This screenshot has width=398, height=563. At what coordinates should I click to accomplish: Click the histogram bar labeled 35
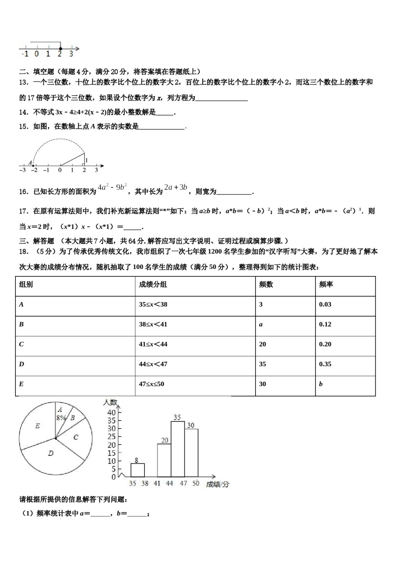178,449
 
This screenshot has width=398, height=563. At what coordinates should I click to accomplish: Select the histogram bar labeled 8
137,470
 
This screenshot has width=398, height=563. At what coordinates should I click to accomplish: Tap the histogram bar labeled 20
164,460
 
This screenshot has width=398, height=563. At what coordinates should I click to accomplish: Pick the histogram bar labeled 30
191,453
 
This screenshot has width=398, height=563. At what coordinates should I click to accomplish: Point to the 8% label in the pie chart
61,418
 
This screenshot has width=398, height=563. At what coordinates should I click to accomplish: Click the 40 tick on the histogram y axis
111,412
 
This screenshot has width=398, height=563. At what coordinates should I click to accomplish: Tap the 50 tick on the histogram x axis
196,483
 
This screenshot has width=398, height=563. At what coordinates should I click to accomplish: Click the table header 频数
266,284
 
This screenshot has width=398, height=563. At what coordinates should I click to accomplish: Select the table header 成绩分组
153,284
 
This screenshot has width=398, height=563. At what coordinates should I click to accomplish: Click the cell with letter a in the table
261,324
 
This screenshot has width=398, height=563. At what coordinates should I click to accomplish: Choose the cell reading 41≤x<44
153,344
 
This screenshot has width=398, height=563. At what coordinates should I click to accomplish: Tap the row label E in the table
21,384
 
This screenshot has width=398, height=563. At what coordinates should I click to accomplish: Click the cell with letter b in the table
321,384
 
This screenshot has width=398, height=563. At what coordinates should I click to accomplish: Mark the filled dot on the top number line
60,49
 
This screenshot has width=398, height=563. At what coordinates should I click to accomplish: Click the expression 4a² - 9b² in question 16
112,188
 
